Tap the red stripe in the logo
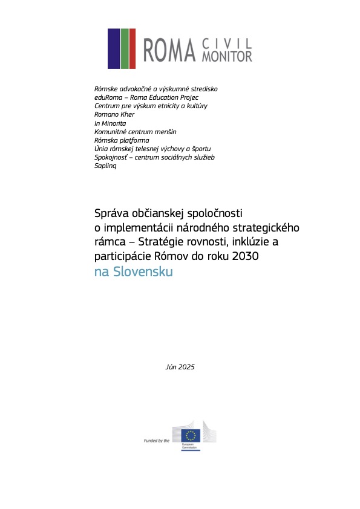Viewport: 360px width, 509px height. tap(124, 48)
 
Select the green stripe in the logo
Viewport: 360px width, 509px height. tap(132, 48)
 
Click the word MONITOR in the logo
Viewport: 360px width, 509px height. tap(227, 56)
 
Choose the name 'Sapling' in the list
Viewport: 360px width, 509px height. tap(105, 166)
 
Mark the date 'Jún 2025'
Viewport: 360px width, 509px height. tap(180, 367)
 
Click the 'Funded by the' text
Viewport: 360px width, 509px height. tap(156, 441)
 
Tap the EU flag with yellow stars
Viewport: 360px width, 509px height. tap(192, 435)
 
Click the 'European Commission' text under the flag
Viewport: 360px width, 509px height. tap(190, 447)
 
